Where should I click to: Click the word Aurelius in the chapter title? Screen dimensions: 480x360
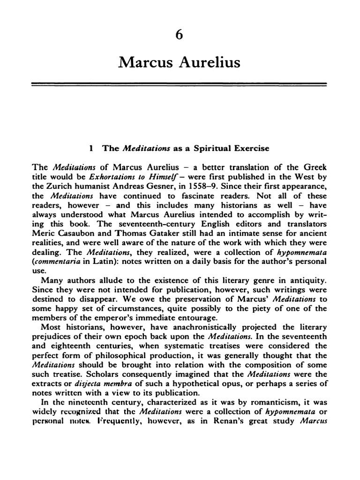(x=207, y=62)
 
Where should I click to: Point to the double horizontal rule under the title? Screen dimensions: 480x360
(x=179, y=84)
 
